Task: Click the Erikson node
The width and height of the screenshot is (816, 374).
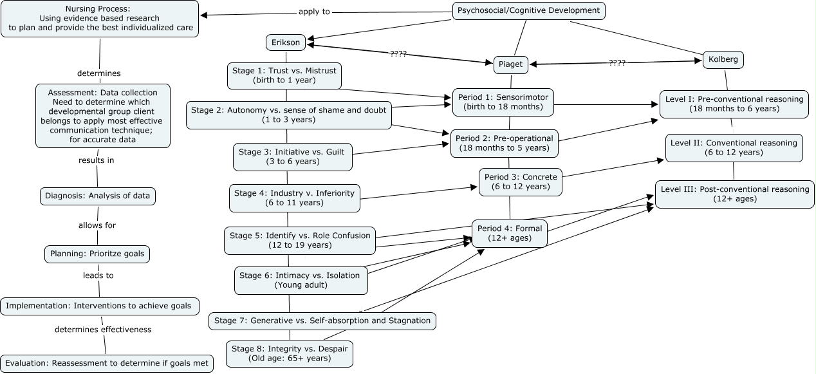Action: point(286,42)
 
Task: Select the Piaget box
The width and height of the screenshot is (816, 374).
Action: point(511,64)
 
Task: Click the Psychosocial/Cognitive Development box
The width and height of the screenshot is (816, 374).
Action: point(529,10)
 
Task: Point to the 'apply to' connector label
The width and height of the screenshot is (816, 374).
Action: point(314,12)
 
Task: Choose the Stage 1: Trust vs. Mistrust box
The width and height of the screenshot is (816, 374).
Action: point(284,76)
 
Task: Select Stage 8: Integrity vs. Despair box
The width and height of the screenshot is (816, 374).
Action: point(290,353)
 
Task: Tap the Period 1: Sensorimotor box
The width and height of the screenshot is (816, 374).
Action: point(503,102)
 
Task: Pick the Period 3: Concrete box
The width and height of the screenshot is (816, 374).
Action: point(521,182)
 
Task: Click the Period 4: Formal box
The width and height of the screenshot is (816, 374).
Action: point(509,233)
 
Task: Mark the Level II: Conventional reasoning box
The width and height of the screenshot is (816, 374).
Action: point(734,147)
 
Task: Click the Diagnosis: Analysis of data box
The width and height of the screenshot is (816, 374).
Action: point(98,196)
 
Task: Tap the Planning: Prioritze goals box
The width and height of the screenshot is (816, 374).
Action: point(97,254)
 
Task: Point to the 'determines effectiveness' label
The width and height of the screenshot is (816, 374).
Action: point(103,330)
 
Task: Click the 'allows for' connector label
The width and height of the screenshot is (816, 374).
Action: point(97,225)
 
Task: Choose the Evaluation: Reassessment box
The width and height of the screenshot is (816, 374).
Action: point(106,363)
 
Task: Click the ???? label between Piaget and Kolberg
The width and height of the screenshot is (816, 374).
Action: point(617,62)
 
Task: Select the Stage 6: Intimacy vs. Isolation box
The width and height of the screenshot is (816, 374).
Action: point(301,281)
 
